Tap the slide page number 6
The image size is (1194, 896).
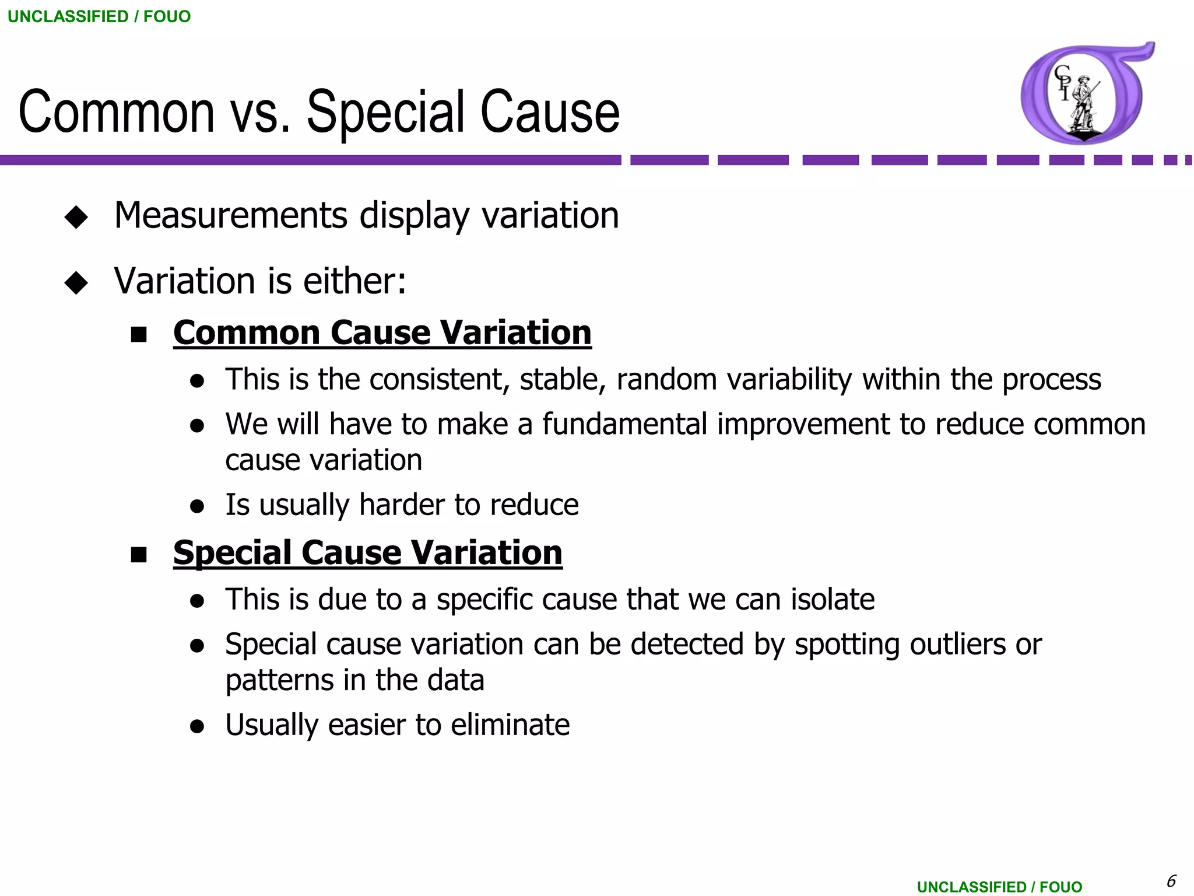(1171, 880)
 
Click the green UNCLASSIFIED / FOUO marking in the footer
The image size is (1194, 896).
(999, 887)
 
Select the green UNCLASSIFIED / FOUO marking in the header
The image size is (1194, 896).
(99, 16)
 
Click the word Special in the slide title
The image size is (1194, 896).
(385, 112)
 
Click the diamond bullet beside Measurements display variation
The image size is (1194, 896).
(76, 217)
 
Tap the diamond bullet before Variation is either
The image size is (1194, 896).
(76, 283)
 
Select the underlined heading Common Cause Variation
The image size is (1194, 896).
(382, 332)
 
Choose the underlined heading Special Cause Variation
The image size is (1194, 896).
(367, 552)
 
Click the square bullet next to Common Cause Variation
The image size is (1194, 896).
(139, 335)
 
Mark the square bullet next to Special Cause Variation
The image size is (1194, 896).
(139, 555)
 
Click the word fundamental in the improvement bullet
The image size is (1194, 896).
(624, 423)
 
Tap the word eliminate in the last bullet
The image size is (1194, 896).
(510, 725)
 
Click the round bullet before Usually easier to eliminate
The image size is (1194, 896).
(197, 726)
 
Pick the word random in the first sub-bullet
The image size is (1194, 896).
(666, 379)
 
